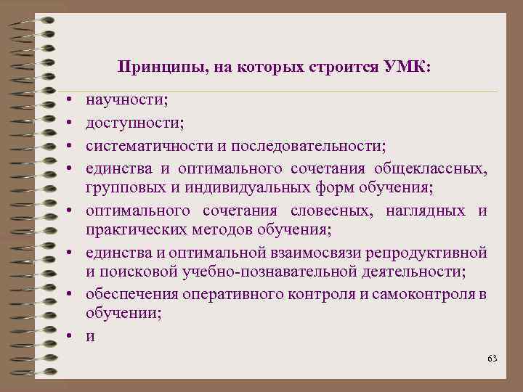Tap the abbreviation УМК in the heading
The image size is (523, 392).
pos(410,67)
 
